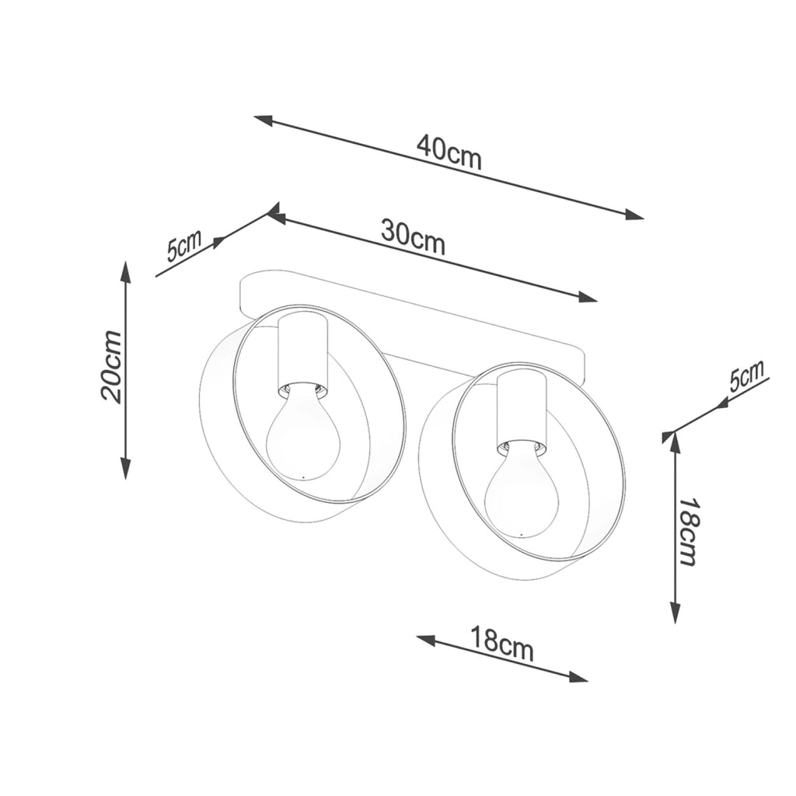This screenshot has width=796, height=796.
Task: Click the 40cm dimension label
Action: point(449,152)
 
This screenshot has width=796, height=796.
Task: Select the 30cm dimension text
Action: point(413,237)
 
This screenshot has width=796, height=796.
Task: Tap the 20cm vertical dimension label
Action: point(112,366)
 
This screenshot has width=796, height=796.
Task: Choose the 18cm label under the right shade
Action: point(501,644)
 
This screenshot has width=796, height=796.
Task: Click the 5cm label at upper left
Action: point(183,245)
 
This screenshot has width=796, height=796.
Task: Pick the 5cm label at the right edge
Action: point(746,375)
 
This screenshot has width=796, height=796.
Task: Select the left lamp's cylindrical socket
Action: point(303,354)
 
